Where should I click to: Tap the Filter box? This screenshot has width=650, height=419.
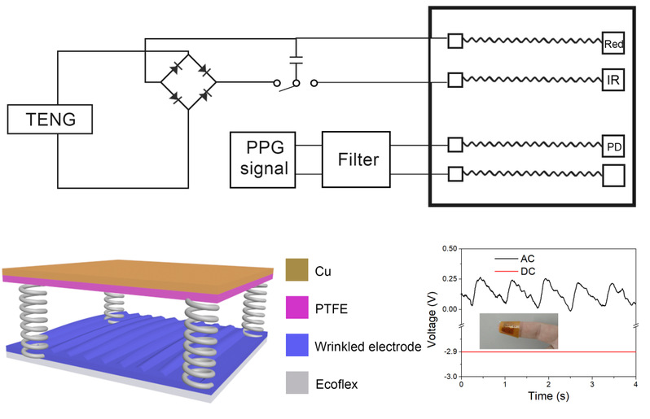coord(357,160)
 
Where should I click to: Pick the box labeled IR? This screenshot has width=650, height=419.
coord(614,81)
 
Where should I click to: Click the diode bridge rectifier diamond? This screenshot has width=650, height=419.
coord(188,81)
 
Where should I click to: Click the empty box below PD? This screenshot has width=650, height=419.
coord(614,174)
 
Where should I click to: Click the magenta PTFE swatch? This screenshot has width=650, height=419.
coord(297,307)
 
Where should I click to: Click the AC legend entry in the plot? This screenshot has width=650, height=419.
coord(519,257)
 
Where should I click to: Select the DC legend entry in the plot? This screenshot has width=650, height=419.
coord(519,270)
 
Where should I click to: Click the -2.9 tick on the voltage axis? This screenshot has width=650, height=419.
coord(447,352)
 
